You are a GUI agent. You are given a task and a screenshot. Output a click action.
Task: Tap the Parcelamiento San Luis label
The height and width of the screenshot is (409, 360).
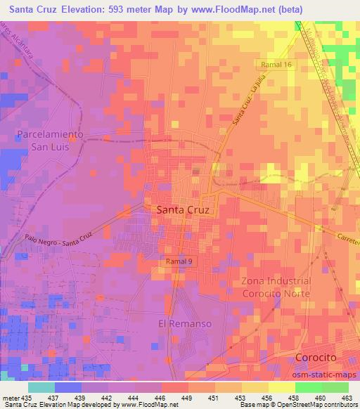pyautogui.click(x=51, y=140)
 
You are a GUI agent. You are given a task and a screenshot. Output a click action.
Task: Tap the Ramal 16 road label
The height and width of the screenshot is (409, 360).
pyautogui.click(x=275, y=64)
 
